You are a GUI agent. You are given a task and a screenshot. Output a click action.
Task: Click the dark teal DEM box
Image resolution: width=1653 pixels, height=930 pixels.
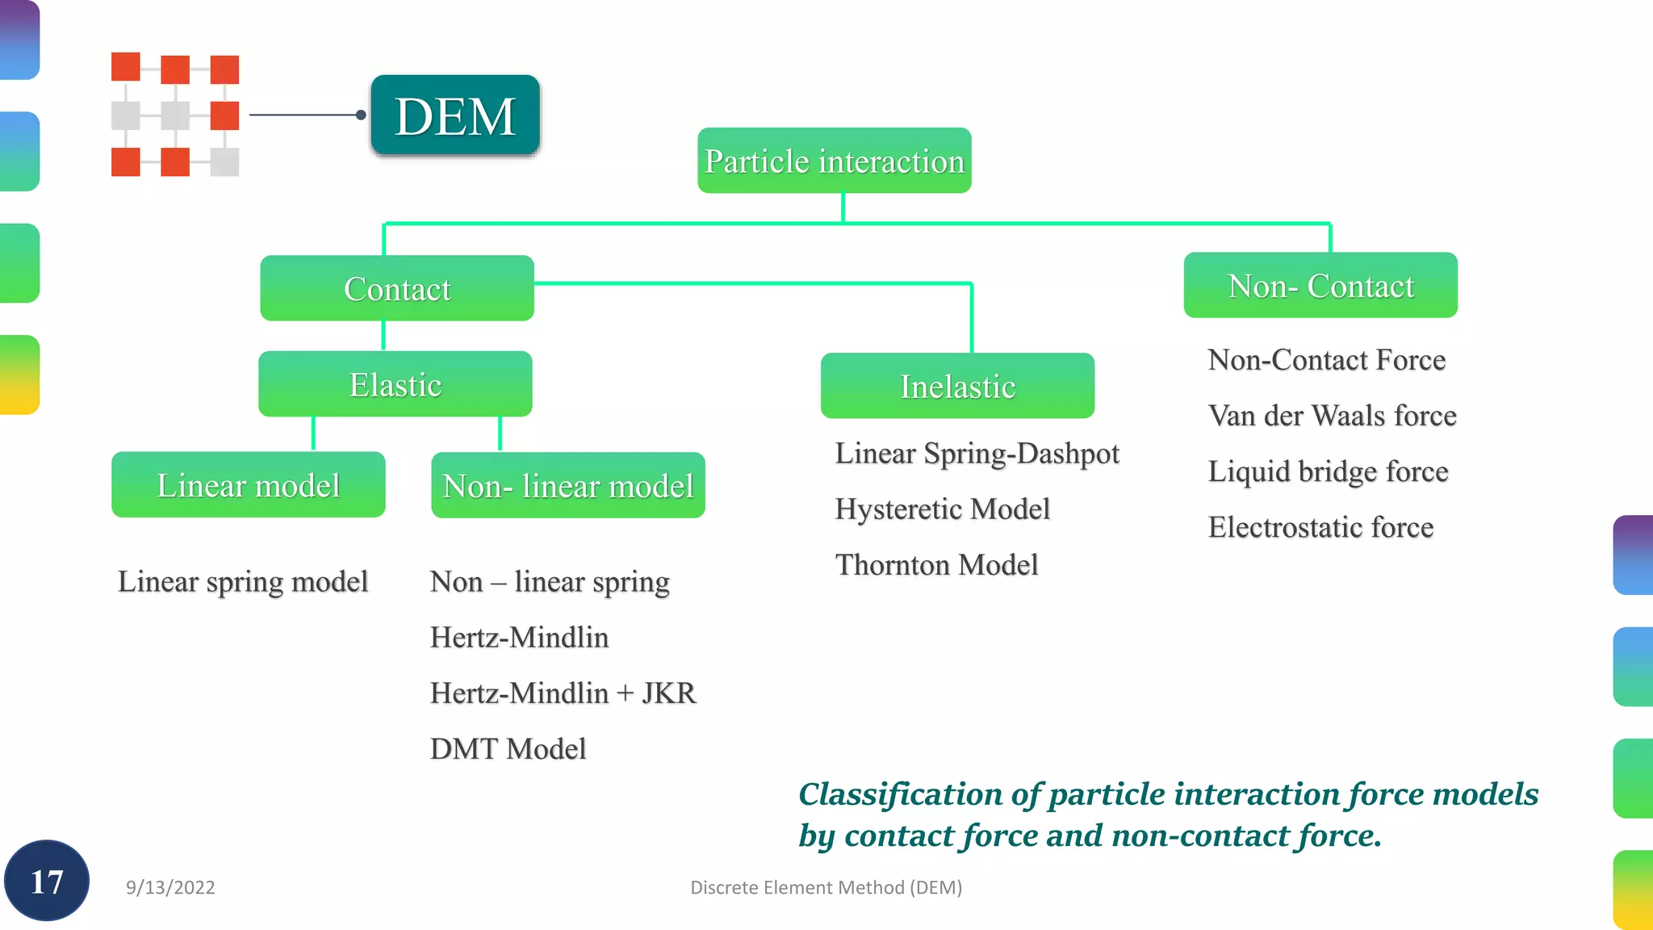click(x=455, y=115)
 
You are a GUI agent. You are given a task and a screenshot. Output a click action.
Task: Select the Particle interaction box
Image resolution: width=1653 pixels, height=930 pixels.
click(x=834, y=161)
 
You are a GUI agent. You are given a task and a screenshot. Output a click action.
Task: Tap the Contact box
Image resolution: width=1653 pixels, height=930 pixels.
click(x=396, y=288)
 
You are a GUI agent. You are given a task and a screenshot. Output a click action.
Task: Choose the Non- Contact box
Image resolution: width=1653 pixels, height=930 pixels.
click(x=1320, y=285)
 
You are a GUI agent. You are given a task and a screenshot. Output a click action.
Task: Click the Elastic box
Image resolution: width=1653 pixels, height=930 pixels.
click(x=395, y=384)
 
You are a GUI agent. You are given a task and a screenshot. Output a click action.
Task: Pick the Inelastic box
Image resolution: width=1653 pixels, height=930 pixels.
click(x=957, y=386)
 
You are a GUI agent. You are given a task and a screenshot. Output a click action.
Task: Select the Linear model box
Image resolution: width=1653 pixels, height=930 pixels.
click(x=248, y=484)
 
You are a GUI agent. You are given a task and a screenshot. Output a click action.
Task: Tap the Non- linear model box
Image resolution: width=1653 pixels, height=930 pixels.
click(x=567, y=485)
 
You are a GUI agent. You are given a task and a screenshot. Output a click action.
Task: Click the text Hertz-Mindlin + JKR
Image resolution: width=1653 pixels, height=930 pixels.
click(x=563, y=693)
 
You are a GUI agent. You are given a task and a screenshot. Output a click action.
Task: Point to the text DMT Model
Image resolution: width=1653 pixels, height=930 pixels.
click(x=508, y=749)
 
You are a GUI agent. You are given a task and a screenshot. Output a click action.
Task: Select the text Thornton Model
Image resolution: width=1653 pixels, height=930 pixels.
click(x=936, y=565)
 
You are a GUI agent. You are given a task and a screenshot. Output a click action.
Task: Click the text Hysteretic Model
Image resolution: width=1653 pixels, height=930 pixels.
click(x=942, y=509)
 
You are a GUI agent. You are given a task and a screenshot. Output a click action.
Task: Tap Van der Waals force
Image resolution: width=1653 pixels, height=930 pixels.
click(x=1332, y=416)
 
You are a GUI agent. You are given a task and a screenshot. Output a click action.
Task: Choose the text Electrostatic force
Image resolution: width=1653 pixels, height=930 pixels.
click(x=1320, y=527)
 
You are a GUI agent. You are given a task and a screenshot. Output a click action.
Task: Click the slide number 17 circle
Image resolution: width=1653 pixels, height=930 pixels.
click(x=47, y=881)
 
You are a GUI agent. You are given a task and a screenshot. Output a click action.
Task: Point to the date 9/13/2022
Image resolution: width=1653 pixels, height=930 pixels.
click(x=170, y=887)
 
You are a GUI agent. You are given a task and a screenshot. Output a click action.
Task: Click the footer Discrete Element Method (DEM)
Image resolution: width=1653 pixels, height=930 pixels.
click(x=826, y=887)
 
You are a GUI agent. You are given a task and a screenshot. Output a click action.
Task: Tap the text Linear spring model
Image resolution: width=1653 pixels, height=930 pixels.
click(x=242, y=581)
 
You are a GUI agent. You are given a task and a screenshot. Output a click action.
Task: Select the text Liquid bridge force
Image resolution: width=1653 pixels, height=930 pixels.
click(x=1328, y=471)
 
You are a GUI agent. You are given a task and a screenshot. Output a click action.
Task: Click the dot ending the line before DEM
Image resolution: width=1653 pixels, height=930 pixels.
click(x=361, y=115)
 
